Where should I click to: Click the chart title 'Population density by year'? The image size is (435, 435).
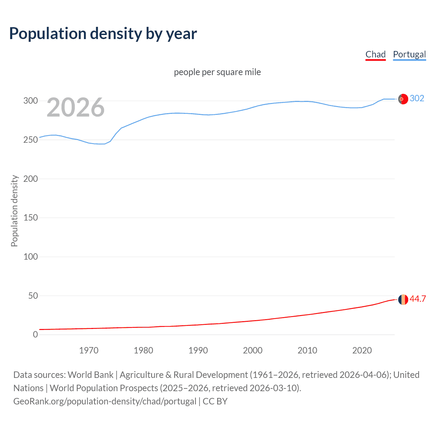point(103,34)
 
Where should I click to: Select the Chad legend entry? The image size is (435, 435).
point(376,55)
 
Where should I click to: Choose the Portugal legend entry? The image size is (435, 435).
point(409,55)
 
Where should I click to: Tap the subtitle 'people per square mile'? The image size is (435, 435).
point(217,72)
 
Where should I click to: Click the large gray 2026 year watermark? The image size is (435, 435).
point(75,108)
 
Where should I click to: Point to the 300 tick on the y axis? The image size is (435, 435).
point(31,101)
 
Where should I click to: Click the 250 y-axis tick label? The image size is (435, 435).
point(31,140)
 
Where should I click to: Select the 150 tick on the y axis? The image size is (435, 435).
point(31,217)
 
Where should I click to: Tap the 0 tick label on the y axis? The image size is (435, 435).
point(35,334)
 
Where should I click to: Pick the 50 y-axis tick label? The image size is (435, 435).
point(33,296)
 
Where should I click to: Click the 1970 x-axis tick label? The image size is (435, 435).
point(89,350)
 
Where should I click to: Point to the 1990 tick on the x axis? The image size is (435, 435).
point(198,350)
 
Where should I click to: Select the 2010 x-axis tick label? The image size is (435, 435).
point(307,350)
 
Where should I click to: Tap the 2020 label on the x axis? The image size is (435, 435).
point(362,350)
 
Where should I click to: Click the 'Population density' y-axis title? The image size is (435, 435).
point(14,211)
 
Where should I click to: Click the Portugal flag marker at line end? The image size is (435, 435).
point(403,99)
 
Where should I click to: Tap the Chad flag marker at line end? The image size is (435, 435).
point(403,299)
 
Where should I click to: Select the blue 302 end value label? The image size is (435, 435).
point(417,99)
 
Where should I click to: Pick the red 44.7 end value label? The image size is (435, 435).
point(418,299)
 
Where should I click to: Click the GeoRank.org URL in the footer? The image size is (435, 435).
point(105,401)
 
